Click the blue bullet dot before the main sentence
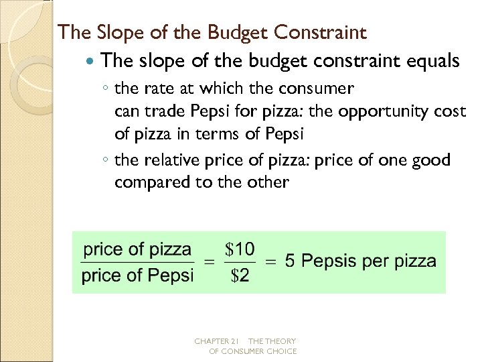click(92, 62)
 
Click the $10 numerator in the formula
click(240, 250)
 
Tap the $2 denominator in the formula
click(240, 276)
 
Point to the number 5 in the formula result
click(289, 261)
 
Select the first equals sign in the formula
click(208, 263)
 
